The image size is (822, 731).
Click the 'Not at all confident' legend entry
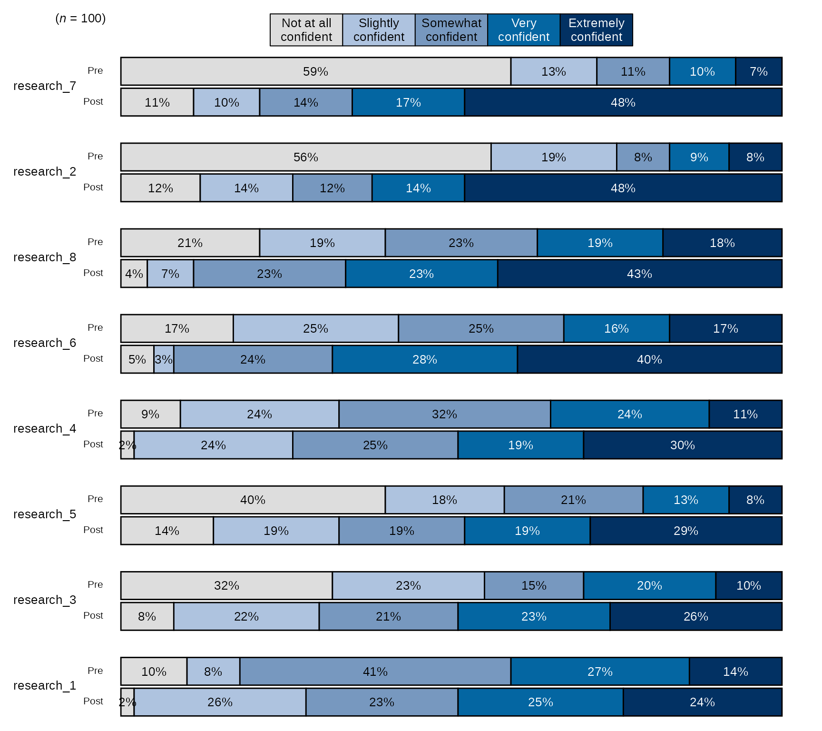(x=306, y=30)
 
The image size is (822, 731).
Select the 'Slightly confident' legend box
(x=379, y=30)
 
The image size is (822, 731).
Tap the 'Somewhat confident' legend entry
(x=451, y=30)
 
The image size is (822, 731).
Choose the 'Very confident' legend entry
(x=524, y=30)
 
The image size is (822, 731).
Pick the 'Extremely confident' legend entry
(x=597, y=30)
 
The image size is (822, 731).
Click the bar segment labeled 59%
(x=315, y=71)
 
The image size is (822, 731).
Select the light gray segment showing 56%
(x=305, y=157)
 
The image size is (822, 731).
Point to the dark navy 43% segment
(x=639, y=274)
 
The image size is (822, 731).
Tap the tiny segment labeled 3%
(x=164, y=359)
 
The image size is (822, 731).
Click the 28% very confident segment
(x=424, y=359)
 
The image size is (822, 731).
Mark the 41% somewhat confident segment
(x=375, y=672)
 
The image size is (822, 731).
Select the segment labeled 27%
(x=600, y=672)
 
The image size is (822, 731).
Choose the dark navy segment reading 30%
(x=682, y=445)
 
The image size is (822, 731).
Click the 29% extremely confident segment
(x=685, y=531)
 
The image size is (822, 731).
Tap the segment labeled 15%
(x=534, y=585)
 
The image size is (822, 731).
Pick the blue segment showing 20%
(x=649, y=585)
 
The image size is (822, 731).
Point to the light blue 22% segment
(x=246, y=616)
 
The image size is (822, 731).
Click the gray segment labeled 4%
(x=134, y=274)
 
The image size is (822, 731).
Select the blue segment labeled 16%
(x=616, y=328)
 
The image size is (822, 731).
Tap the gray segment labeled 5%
(x=137, y=359)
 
